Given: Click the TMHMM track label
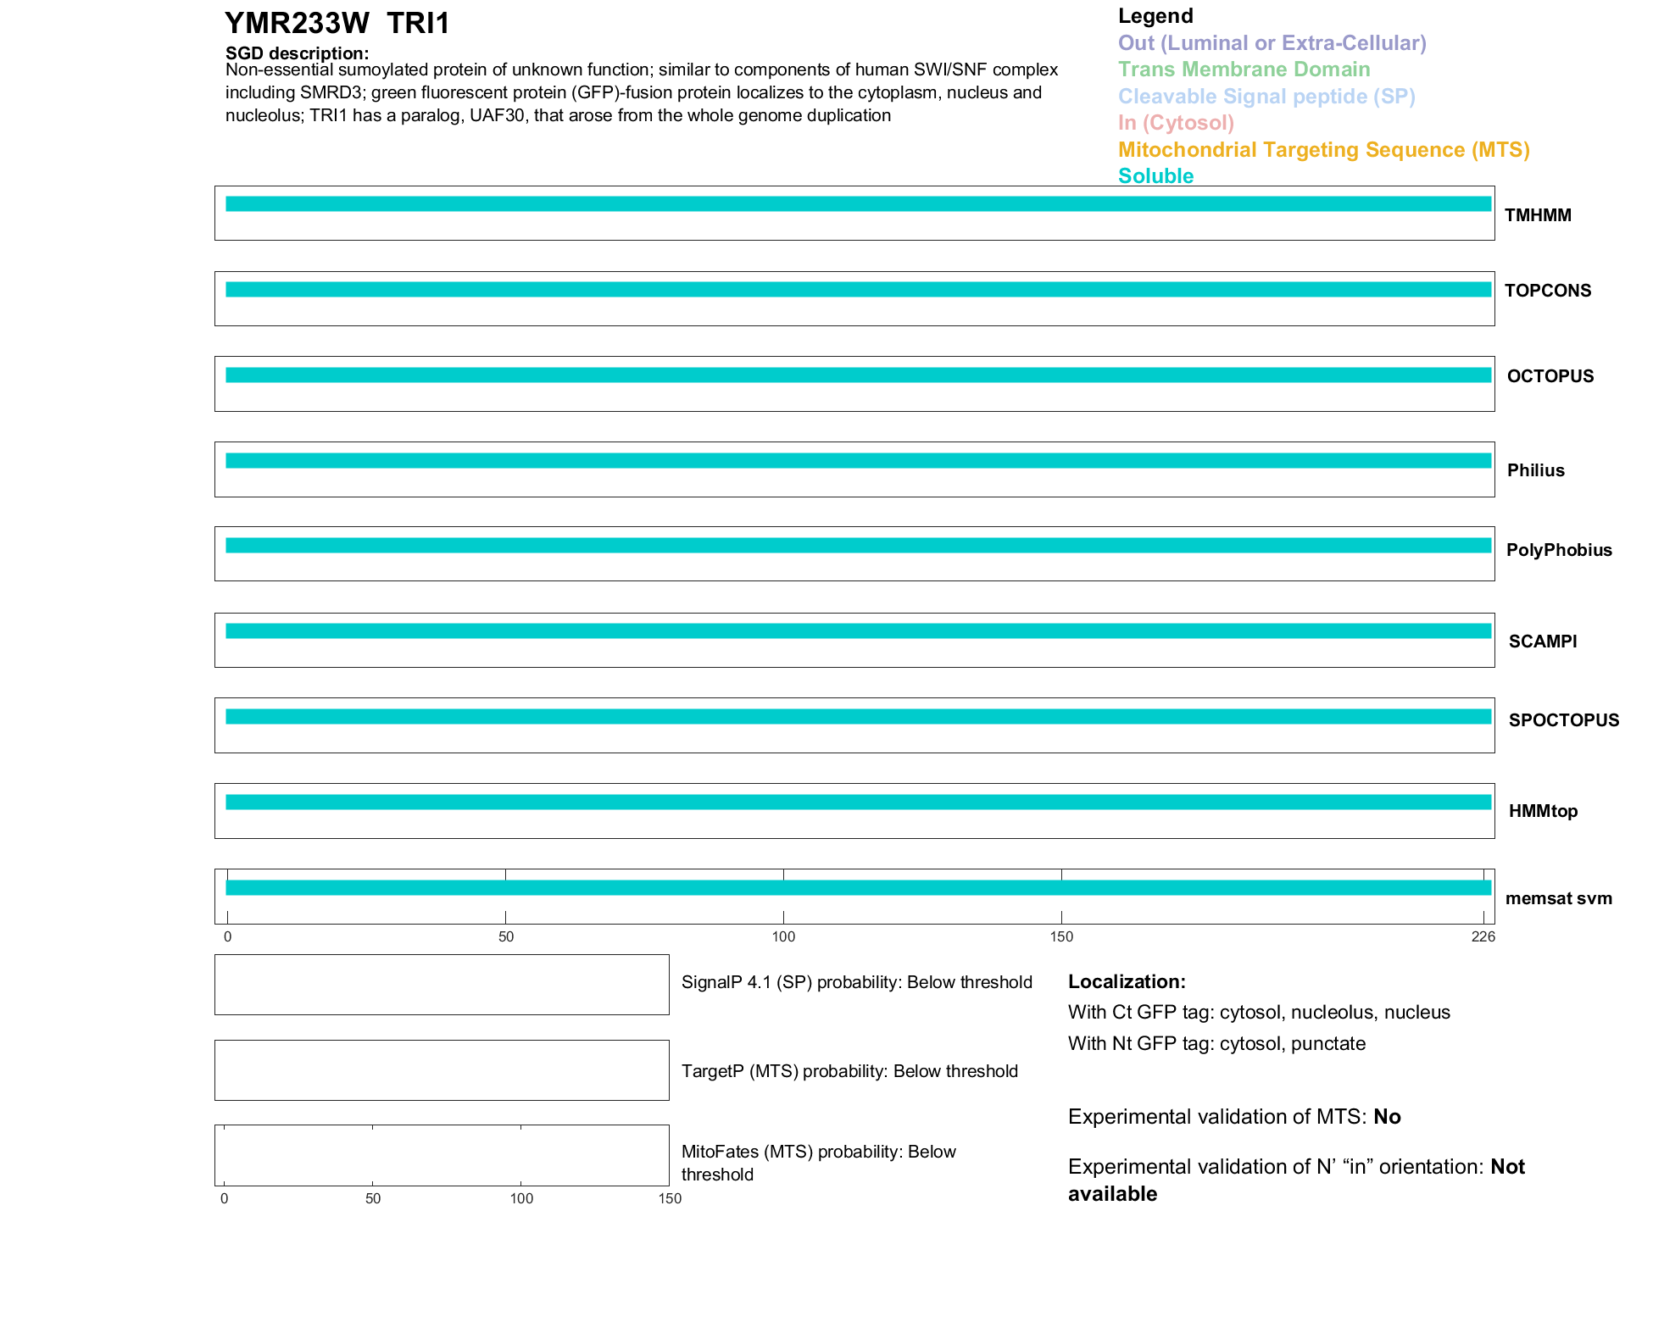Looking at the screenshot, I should (1537, 215).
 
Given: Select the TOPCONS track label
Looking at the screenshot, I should (1547, 291).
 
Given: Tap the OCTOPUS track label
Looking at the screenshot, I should (1550, 376).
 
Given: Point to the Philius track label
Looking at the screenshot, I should (1535, 470).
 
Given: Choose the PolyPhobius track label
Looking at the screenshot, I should (1558, 550).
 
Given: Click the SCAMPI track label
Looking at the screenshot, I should (1542, 642).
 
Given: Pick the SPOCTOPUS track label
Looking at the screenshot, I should (1563, 720).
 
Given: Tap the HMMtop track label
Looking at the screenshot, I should (1543, 811).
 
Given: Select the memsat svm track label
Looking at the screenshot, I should (1558, 898).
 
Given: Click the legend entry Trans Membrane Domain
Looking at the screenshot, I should (1244, 69).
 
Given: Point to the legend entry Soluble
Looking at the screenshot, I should (1155, 176).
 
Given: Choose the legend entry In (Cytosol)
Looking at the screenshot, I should (1176, 123).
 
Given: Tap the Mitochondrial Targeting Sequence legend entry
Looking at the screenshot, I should (1323, 150).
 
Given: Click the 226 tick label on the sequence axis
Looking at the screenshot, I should (1483, 936).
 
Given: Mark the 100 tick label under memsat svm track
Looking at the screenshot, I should (783, 936).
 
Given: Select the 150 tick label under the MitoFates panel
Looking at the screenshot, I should (670, 1198).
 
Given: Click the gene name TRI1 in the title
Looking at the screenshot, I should (419, 23).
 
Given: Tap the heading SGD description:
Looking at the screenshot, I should (297, 53).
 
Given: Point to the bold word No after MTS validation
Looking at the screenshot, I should (1387, 1117).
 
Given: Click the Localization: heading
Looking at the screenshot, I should (1126, 981).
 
